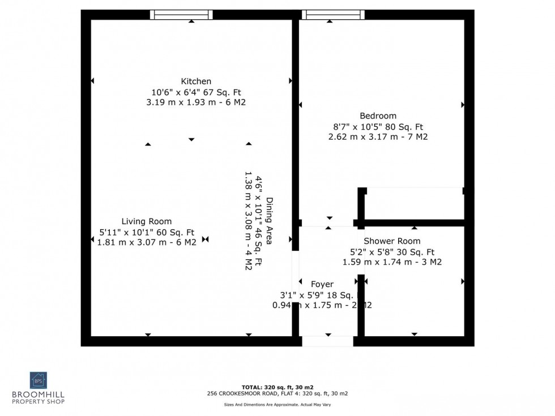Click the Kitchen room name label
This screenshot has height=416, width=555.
click(196, 82)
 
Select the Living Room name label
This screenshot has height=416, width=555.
click(147, 221)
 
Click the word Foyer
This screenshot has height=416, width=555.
click(322, 284)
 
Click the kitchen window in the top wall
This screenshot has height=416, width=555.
click(181, 15)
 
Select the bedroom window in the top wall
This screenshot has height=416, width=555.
click(333, 15)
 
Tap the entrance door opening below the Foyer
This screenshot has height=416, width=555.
click(327, 341)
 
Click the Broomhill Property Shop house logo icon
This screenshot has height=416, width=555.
click(39, 380)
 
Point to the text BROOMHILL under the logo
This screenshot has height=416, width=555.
click(39, 395)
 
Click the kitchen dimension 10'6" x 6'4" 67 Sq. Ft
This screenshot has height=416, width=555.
click(196, 92)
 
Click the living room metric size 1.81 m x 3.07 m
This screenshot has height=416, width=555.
click(147, 242)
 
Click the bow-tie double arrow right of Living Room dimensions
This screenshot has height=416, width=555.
click(205, 239)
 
